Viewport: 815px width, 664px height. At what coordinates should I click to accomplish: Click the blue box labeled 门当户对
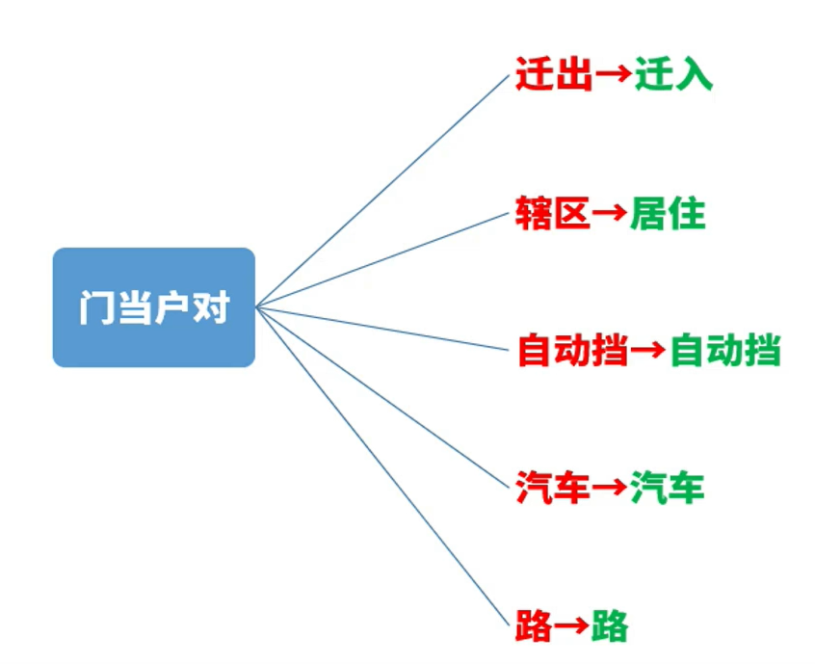pos(153,306)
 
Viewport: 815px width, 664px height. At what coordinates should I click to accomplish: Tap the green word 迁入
pos(673,74)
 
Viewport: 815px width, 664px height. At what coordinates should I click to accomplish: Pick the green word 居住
pos(668,213)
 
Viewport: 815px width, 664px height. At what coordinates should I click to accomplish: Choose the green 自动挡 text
pos(724,350)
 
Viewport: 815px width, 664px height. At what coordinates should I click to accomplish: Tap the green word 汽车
pos(668,489)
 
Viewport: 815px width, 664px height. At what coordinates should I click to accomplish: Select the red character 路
pos(534,626)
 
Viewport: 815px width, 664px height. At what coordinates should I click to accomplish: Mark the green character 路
pos(610,626)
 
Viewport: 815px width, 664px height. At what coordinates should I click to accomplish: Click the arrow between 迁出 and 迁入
pos(613,75)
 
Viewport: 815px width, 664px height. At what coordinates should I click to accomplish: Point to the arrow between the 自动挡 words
pos(648,351)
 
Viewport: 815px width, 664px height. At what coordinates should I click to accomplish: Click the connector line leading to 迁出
pos(382,190)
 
